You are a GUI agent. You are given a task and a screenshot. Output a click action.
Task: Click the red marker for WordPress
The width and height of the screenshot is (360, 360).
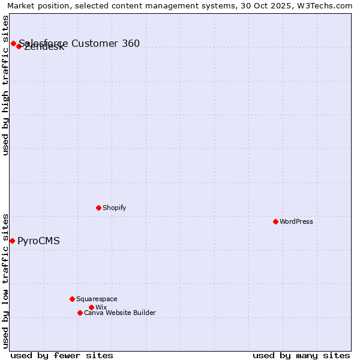point(275,221)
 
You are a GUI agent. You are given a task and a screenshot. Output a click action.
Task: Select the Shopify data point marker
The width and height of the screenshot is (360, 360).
point(98,208)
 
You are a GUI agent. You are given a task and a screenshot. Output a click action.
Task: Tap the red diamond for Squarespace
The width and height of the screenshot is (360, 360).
point(72,299)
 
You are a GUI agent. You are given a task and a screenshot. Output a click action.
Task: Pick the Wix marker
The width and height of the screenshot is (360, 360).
point(91,307)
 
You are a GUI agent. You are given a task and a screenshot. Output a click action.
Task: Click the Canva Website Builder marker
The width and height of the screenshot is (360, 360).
point(80,313)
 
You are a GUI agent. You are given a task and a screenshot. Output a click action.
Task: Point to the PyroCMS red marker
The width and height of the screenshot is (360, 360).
point(12,241)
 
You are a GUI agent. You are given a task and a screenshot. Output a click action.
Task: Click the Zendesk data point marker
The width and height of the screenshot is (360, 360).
point(19,46)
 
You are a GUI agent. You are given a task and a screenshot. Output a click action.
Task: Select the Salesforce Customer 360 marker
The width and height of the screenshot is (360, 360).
point(13,43)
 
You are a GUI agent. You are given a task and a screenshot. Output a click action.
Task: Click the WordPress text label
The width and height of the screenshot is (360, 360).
point(296,221)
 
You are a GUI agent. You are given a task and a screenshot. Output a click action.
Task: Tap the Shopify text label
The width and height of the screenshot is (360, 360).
point(114,208)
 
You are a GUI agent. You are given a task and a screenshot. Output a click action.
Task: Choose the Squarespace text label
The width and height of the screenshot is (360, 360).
point(97,299)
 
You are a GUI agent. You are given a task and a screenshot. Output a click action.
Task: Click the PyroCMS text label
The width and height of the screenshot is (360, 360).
point(38,241)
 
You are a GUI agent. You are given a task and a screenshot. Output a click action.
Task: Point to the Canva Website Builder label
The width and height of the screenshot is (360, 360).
point(120,313)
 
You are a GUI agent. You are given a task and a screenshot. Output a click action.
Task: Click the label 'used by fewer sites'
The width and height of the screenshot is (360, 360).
point(62,355)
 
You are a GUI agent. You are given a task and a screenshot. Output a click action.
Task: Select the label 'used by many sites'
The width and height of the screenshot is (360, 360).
point(301,355)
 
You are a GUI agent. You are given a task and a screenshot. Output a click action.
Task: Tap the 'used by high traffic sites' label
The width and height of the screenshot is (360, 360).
point(6,85)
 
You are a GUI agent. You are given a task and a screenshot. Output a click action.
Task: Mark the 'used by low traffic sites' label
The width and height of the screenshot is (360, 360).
point(6,281)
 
